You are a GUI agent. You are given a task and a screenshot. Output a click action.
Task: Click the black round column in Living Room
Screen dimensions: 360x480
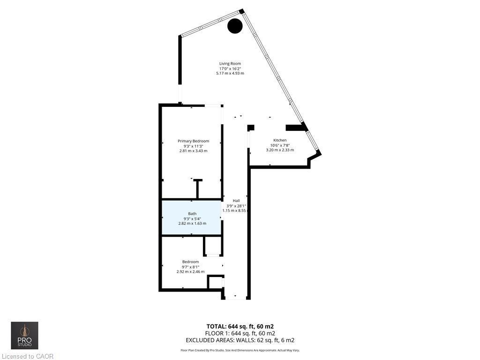pos(235,26)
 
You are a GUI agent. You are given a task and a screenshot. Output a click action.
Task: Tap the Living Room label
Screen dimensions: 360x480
pos(230,64)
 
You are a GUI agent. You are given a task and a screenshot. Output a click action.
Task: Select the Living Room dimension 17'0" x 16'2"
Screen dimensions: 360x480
pos(230,68)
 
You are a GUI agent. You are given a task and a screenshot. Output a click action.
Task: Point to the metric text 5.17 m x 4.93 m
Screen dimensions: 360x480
pos(230,74)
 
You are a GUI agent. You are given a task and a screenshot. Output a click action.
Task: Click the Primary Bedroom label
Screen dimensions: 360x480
pos(193,141)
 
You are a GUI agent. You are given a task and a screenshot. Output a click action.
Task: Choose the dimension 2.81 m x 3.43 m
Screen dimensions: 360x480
pos(193,151)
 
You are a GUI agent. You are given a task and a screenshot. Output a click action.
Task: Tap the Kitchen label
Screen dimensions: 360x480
pos(280,140)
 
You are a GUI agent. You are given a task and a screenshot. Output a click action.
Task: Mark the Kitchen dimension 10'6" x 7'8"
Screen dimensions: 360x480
pos(280,145)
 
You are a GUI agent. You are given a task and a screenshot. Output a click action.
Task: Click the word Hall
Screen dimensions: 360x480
pos(236,201)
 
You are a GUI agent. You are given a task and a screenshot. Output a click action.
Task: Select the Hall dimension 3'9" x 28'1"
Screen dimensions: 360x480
pos(236,206)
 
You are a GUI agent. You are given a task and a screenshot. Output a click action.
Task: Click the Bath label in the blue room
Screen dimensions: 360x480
pos(192,214)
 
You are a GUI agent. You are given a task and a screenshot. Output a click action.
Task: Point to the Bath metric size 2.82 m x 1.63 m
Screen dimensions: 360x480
pos(192,224)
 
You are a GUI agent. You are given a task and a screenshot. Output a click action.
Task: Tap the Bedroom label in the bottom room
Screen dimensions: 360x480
pos(190,262)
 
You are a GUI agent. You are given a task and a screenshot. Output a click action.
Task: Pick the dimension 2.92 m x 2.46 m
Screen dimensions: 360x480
pos(190,272)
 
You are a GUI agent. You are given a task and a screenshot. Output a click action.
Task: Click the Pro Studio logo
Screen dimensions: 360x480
pos(25,336)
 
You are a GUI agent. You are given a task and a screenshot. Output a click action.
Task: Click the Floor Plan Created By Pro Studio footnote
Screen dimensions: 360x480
pos(240,350)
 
